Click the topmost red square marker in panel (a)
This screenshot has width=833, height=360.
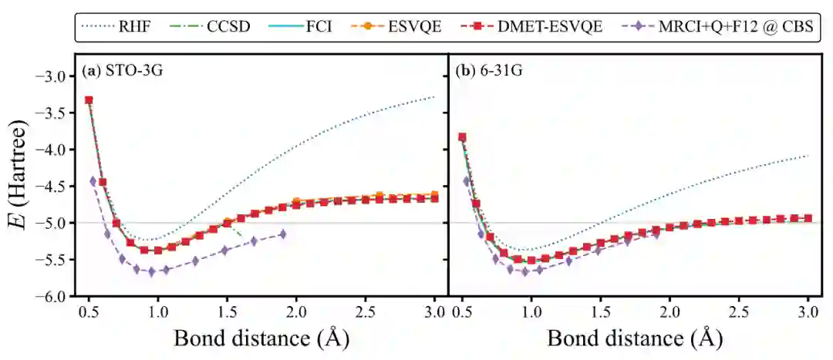point(89,100)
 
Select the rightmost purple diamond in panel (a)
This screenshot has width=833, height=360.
point(282,234)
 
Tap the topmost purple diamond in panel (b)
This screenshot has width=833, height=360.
point(467,181)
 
